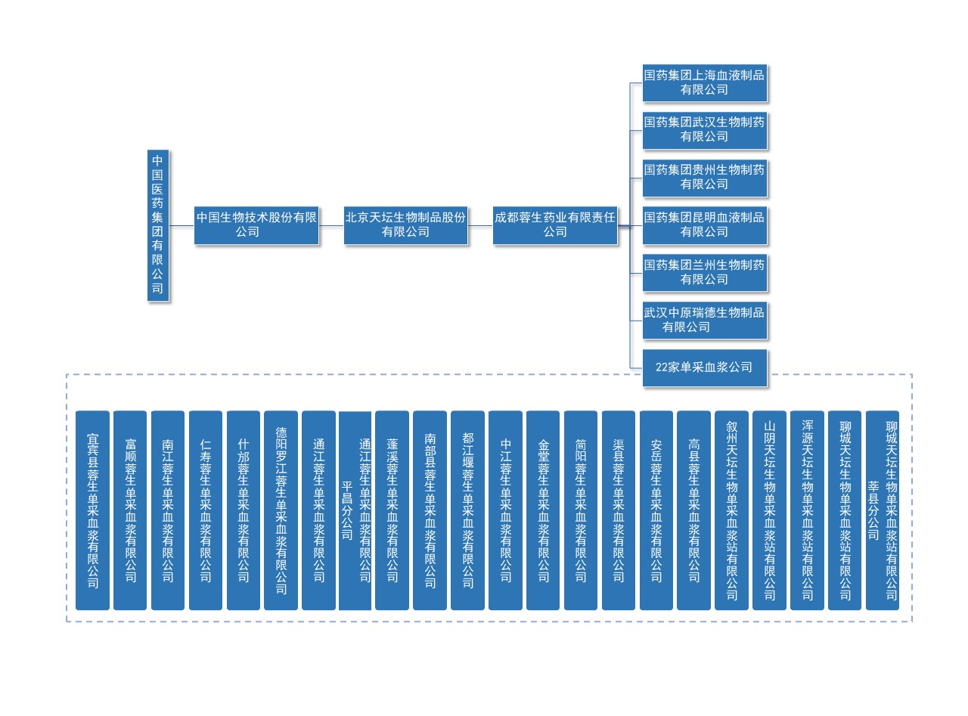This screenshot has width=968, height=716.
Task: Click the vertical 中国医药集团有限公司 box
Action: pos(157,225)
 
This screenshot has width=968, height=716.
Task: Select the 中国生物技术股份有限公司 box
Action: pos(256,225)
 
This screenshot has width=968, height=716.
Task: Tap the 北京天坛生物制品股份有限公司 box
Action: pos(405,225)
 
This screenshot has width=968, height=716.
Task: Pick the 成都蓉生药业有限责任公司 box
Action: pos(555,225)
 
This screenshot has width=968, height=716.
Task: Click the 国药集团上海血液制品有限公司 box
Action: pos(704,82)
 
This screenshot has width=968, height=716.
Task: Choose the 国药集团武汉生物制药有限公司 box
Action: pos(704,130)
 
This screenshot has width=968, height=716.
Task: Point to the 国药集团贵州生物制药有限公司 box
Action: pos(704,178)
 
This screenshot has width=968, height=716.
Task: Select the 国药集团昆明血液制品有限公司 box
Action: pos(704,225)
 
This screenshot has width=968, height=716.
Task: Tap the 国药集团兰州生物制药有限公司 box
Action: pos(704,273)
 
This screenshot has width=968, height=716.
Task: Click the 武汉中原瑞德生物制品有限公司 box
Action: pos(704,321)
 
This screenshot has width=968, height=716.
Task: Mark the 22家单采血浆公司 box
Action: pos(704,367)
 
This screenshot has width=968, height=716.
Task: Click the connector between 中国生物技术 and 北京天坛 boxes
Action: pos(331,225)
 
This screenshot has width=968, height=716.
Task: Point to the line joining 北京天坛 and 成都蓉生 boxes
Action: pos(480,225)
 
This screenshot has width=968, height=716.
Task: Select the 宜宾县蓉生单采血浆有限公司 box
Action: pos(92,510)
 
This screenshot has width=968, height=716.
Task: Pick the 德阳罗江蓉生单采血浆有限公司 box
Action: pos(281,510)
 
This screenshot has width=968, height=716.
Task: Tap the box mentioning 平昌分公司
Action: pos(355,510)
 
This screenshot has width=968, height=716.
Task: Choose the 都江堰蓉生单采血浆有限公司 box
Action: pos(467,510)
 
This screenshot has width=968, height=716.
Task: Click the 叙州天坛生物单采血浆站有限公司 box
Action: pos(731,510)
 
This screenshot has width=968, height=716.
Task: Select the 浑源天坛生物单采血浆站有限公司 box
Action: pos(807,510)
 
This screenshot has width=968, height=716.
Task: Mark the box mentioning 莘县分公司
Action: pos(883,510)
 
